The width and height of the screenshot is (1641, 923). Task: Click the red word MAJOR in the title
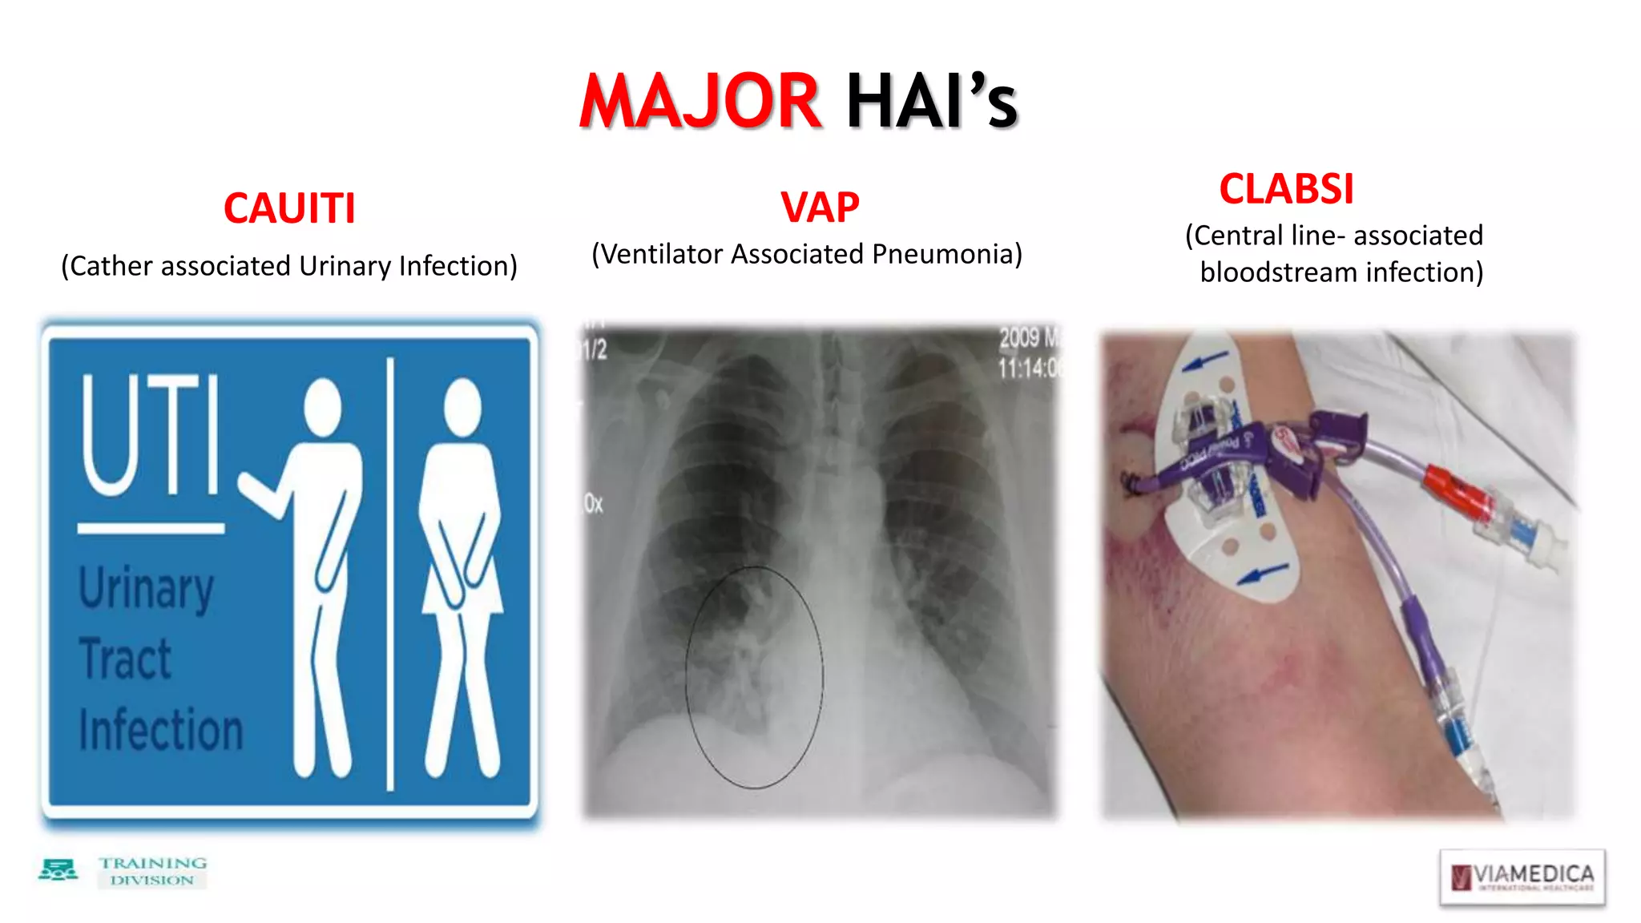[x=700, y=102]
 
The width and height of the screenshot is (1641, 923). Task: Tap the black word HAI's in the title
[x=931, y=102]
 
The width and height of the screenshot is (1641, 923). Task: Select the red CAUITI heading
[x=289, y=208]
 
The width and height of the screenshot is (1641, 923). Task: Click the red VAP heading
[x=820, y=208]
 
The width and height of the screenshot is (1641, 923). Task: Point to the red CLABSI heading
[x=1286, y=189]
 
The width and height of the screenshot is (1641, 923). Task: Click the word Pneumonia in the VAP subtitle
[x=946, y=254]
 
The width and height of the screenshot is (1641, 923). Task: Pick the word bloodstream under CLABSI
[x=1279, y=272]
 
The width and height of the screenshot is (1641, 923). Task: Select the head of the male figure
[x=322, y=407]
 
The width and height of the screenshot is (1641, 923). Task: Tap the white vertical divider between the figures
[x=390, y=573]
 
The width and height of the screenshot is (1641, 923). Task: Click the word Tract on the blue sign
[x=126, y=659]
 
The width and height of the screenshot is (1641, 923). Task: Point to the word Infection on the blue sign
[x=160, y=729]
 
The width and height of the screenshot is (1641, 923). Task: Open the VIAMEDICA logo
[x=1522, y=877]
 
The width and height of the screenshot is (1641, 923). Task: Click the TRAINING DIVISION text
[x=152, y=871]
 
